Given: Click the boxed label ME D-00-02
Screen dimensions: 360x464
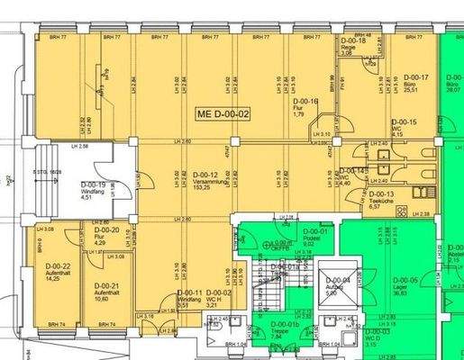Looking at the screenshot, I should [x=221, y=114].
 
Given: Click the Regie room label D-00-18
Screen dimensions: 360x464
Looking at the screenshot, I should [x=350, y=41].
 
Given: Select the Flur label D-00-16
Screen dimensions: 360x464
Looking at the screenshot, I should [x=307, y=102].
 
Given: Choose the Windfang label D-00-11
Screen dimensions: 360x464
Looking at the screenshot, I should [x=188, y=293].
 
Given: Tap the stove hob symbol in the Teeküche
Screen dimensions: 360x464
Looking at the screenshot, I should [x=418, y=192].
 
